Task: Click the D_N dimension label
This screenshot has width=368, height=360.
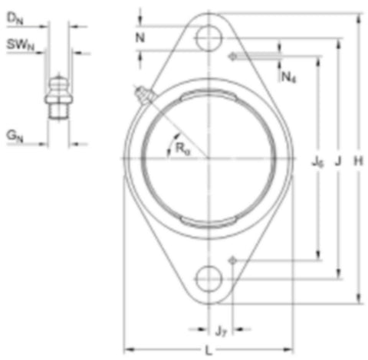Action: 15,18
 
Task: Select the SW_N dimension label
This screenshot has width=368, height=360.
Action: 20,44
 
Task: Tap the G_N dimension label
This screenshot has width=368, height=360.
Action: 15,136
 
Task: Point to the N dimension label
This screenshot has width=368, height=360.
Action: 140,38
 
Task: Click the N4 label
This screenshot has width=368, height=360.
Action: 288,77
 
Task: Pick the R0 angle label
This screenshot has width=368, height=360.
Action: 182,148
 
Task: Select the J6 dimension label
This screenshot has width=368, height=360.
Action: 317,162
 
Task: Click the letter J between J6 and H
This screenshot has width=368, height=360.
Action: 338,161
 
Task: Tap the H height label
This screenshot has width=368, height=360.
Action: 358,161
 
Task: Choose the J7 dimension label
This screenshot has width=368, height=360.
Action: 221,332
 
